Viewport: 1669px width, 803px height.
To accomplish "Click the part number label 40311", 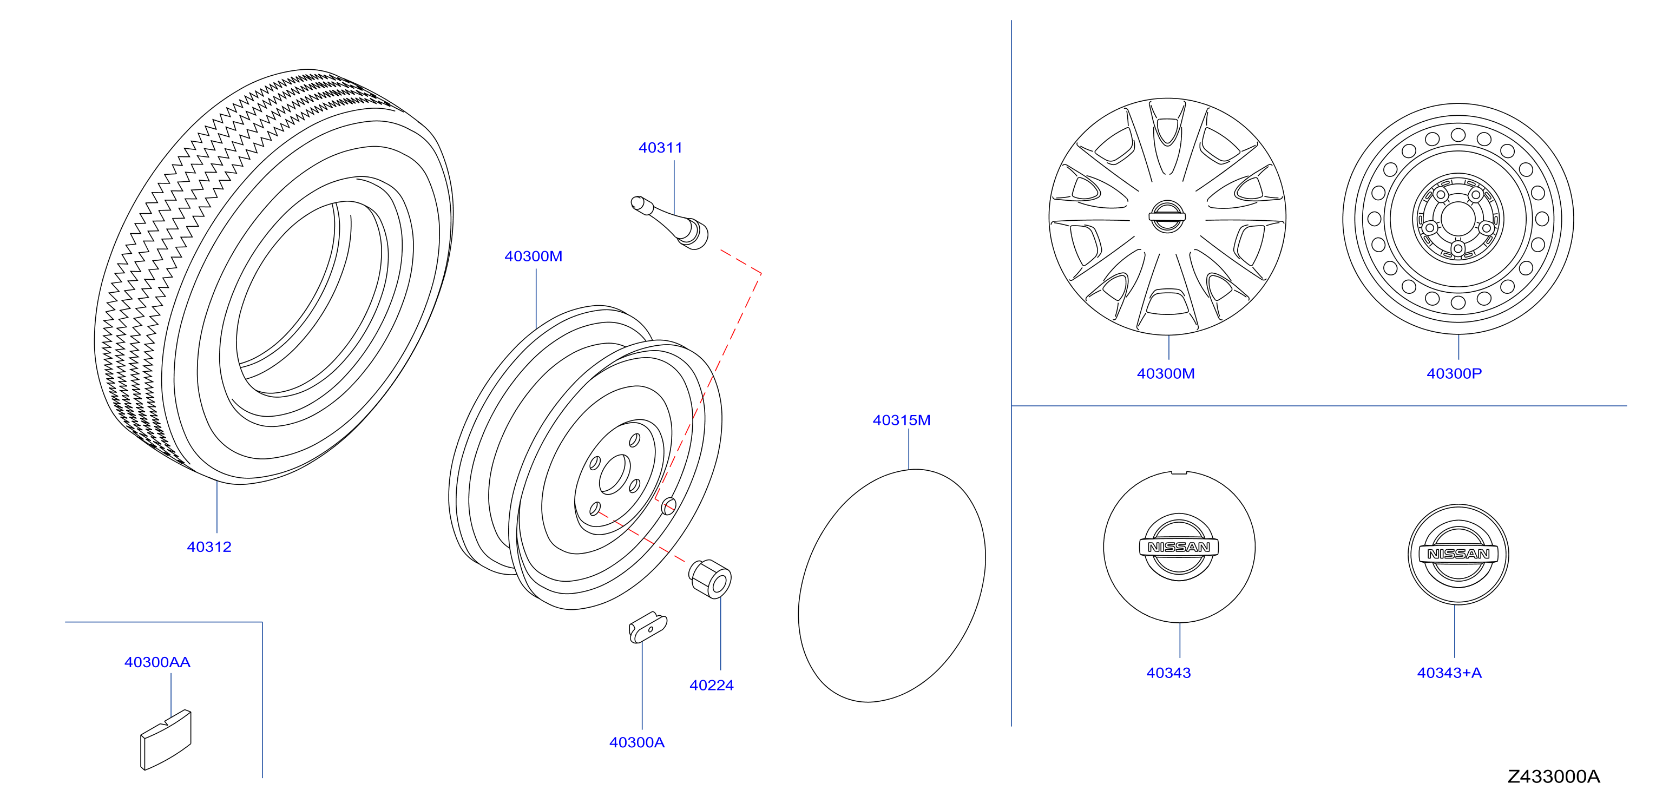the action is click(x=660, y=148).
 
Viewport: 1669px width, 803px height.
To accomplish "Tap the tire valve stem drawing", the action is click(x=670, y=222).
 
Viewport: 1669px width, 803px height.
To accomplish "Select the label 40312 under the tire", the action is click(x=209, y=547).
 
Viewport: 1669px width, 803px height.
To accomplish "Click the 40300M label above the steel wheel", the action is click(x=533, y=256).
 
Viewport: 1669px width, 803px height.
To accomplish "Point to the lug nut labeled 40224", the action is click(x=710, y=578).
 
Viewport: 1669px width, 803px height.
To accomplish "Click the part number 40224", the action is click(x=712, y=685).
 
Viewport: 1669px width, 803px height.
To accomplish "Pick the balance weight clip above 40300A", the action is click(x=647, y=627).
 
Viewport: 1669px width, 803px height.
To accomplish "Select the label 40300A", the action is click(x=637, y=742).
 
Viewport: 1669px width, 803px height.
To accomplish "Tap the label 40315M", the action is click(x=901, y=420).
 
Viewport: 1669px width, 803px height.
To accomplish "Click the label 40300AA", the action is click(x=157, y=662).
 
